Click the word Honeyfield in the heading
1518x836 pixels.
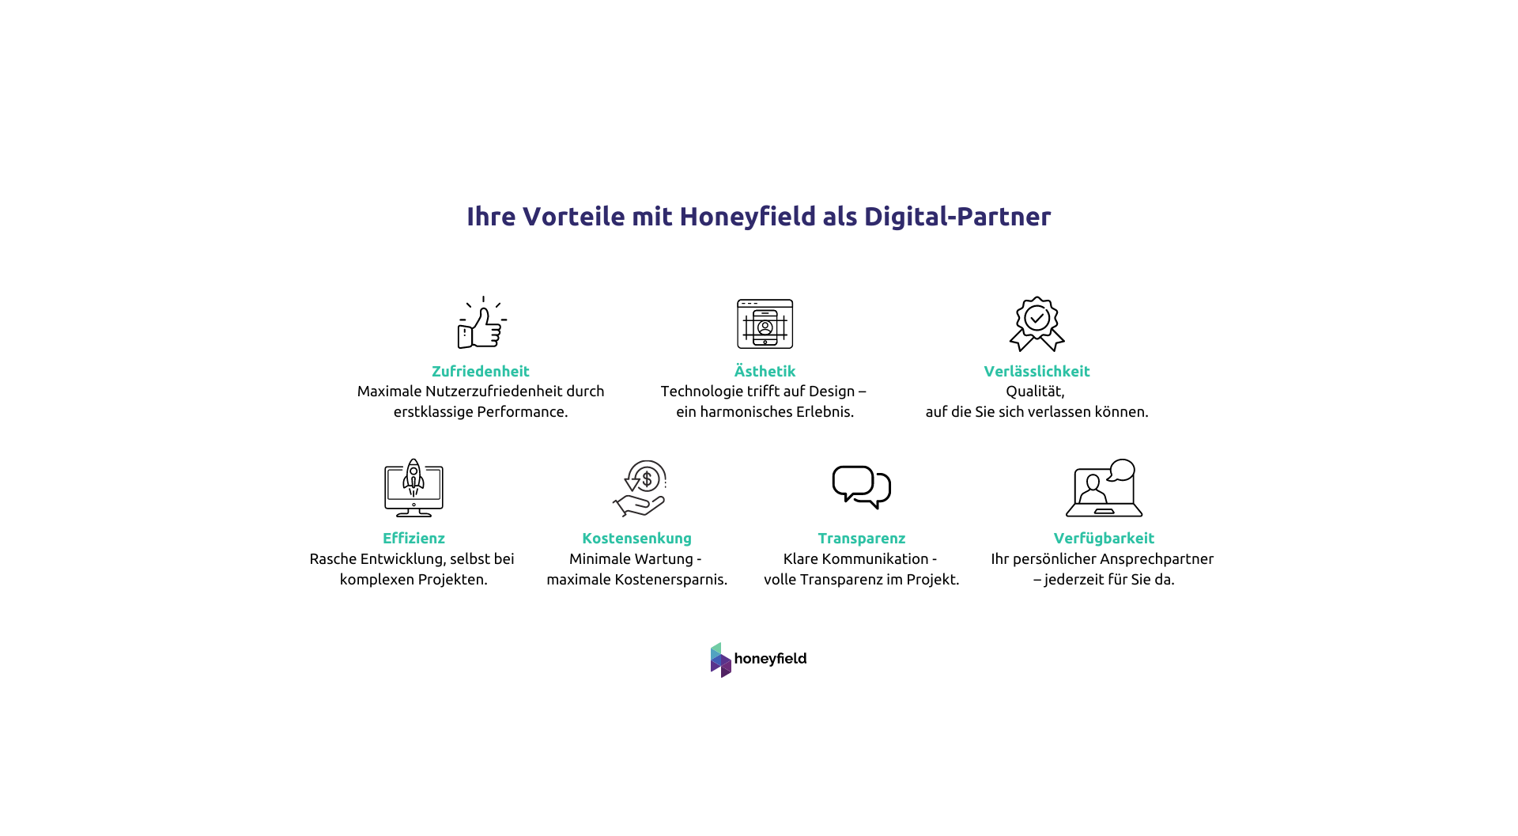pos(746,217)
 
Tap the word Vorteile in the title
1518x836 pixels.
pos(573,217)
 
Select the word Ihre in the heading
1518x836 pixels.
pos(490,217)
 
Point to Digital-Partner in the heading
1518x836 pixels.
pos(957,217)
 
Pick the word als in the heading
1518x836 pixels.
pos(840,217)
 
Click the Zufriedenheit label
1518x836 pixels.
pos(480,371)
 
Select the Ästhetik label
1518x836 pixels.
pos(765,371)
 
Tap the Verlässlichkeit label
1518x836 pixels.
pos(1037,371)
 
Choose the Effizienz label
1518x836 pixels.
pos(413,538)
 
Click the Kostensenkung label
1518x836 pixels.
pos(636,538)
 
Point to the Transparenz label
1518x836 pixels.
pos(861,538)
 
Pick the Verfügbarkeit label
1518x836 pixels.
pos(1103,538)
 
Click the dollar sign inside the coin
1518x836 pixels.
pos(648,479)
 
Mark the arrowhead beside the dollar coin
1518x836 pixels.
pos(632,484)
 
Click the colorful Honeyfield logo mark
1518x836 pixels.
pos(720,660)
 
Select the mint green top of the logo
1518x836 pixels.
pos(716,649)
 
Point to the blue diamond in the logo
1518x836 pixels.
pos(716,658)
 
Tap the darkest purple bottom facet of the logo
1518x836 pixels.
pos(726,671)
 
